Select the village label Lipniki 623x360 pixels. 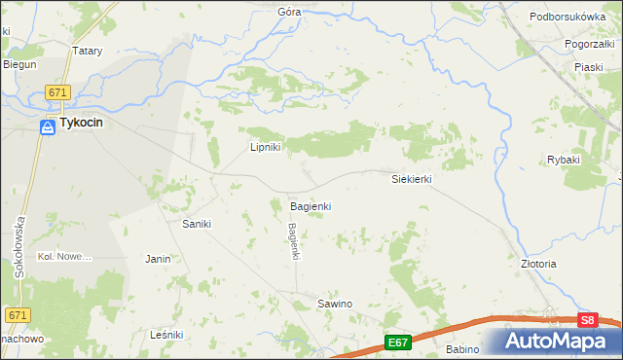266,148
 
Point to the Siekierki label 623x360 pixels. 411,180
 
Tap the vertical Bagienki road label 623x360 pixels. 293,241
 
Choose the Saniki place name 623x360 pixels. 198,224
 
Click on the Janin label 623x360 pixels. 158,260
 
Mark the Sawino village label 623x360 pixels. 335,305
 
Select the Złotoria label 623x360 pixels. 538,264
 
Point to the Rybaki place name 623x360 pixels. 564,160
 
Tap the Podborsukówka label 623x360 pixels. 568,18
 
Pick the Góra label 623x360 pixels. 289,12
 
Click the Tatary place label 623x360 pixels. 88,51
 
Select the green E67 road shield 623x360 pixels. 397,342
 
